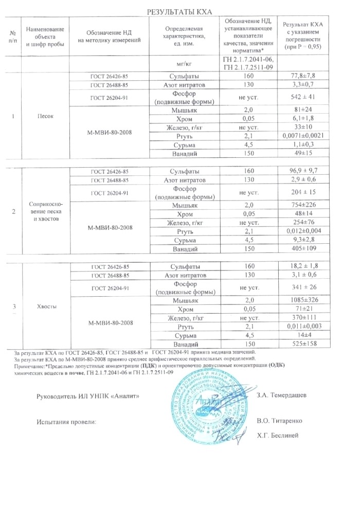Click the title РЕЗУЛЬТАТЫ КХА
coord(179,11)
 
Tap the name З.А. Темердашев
coord(281,395)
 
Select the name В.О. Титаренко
coord(279,420)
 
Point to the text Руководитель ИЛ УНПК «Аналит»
coord(88,396)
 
